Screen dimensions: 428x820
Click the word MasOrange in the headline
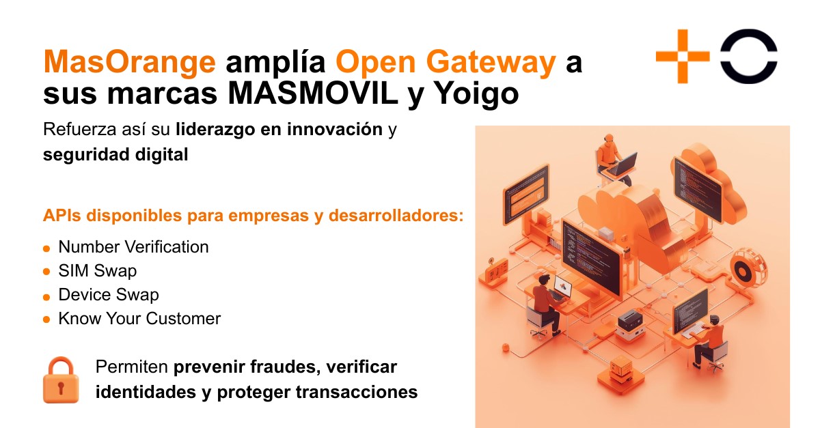[x=130, y=62]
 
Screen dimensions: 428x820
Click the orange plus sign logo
[x=683, y=56]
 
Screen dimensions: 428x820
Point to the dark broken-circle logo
[x=749, y=56]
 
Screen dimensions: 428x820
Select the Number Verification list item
[x=133, y=247]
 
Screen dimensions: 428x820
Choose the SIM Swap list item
[x=97, y=271]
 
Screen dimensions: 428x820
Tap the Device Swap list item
[x=108, y=295]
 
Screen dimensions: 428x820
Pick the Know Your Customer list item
[x=139, y=319]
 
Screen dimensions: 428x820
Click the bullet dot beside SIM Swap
[x=46, y=272]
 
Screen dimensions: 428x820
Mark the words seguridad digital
[x=115, y=154]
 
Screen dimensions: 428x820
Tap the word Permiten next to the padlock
[x=131, y=367]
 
